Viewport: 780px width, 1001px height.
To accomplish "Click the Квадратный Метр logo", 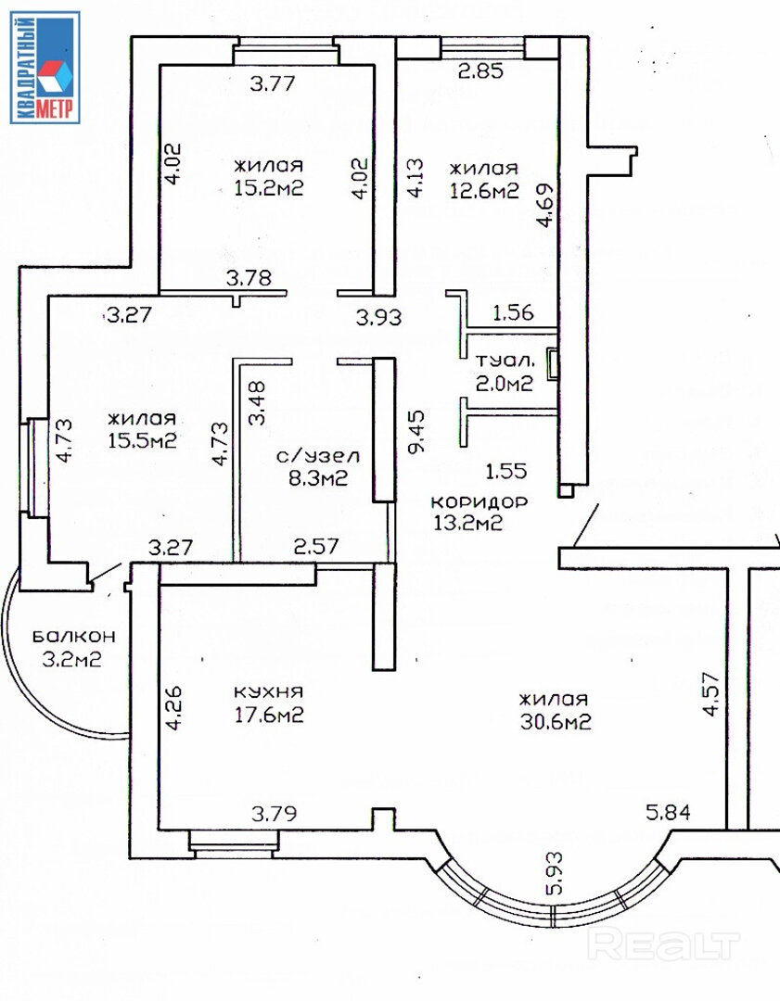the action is tap(45, 67).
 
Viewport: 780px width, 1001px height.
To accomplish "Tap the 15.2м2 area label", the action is tap(268, 188).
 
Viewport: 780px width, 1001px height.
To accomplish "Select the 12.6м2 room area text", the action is tap(484, 191).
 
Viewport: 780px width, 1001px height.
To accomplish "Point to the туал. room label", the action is tap(505, 361).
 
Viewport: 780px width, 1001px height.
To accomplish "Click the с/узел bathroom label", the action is tap(318, 456).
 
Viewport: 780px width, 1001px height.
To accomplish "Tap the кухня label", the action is tap(268, 692).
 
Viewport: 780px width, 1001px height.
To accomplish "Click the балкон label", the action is tap(74, 636).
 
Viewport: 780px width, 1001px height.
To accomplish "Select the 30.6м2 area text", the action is tap(556, 722).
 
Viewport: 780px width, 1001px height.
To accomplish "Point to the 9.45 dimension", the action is tap(416, 432).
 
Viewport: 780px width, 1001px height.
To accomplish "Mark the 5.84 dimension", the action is tap(668, 813).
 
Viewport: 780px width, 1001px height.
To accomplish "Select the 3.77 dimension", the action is tap(273, 83).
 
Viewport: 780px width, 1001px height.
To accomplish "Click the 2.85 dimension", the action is tap(481, 70).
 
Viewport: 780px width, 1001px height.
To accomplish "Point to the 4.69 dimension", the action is tap(545, 205).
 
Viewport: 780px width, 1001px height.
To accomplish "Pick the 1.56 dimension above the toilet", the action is tap(513, 312).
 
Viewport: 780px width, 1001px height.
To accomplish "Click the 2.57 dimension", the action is tap(316, 547).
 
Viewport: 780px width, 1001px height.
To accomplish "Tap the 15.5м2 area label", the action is tap(142, 440).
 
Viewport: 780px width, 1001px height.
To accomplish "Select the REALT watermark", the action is tap(663, 944).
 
